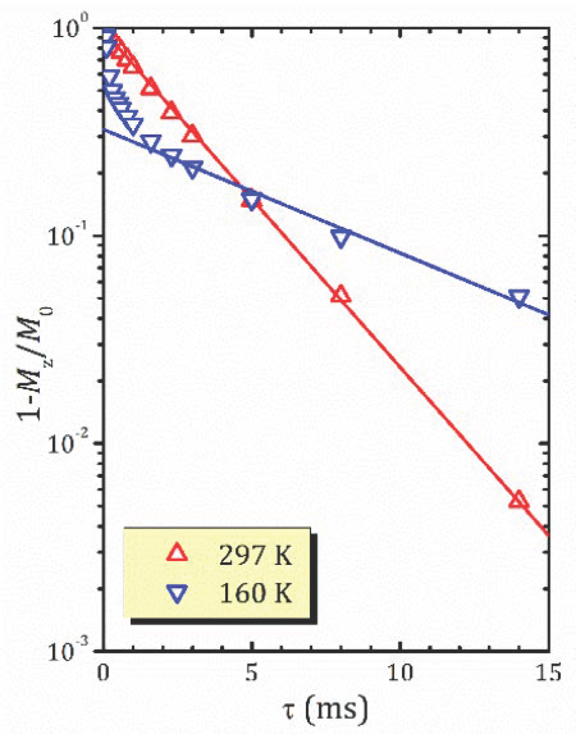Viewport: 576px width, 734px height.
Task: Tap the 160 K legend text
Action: point(255,593)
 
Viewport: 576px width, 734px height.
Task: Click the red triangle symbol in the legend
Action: point(177,553)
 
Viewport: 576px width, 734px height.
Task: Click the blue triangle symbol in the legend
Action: point(177,593)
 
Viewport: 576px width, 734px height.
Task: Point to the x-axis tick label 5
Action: point(251,673)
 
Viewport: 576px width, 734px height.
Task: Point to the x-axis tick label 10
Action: point(400,673)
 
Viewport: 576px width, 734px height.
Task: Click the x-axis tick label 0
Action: point(103,673)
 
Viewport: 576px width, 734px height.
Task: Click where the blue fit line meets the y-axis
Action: point(104,130)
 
